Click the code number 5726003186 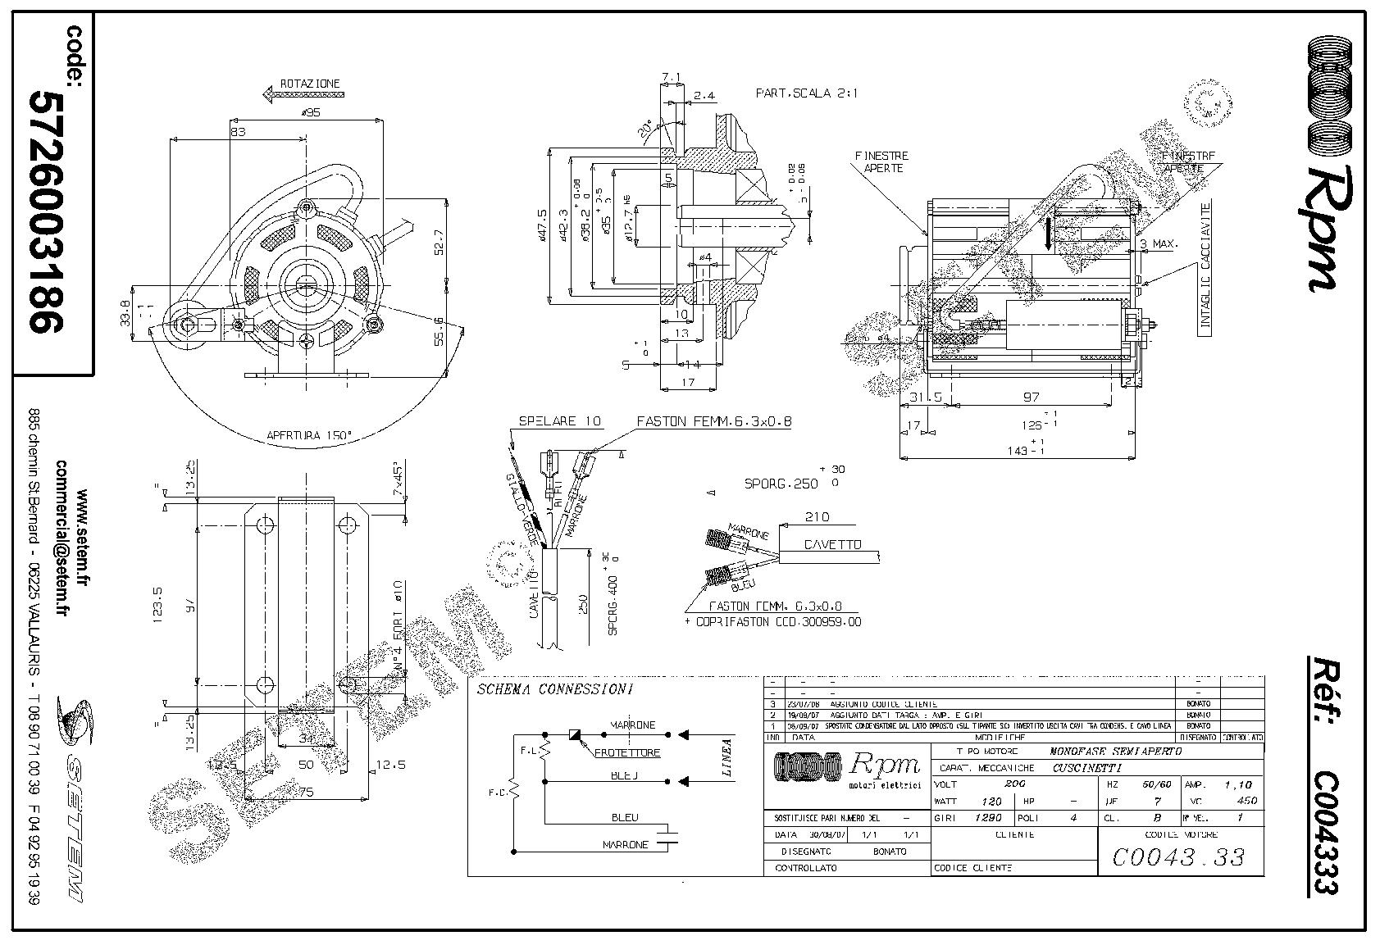pos(47,211)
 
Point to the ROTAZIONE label pos(309,84)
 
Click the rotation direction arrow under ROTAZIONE pos(300,96)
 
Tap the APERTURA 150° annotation pos(308,435)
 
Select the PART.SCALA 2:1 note pos(807,93)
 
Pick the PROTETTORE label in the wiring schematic pos(626,752)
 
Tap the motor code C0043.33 pos(1178,857)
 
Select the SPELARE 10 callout pos(559,421)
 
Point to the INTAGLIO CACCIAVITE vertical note pos(1205,266)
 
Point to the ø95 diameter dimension pos(311,113)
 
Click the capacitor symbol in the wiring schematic pos(672,837)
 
